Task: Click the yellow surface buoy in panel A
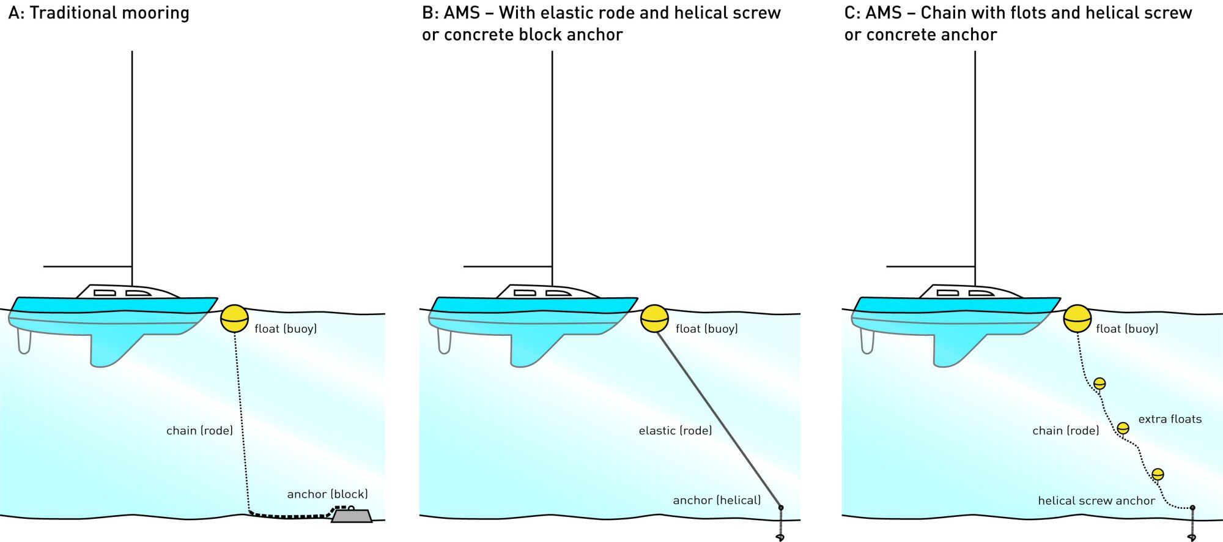pos(234,319)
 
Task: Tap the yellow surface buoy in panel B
pos(654,319)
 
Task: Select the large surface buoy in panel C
pos(1077,319)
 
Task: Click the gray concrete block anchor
pos(352,516)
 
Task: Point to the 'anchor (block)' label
pos(327,494)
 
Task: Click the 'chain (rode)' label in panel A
pos(199,431)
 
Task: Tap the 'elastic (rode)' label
pos(675,431)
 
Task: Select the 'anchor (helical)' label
pos(717,500)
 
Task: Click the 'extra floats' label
pos(1170,419)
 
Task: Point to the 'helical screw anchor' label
pos(1096,501)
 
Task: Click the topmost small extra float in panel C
pos(1099,384)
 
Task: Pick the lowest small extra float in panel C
pos(1158,474)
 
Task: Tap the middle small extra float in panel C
pos(1123,428)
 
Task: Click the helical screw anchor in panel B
pos(780,525)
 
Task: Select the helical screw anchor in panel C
pos(1192,525)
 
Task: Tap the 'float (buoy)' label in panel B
pos(706,329)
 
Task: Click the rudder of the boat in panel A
pos(24,341)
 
